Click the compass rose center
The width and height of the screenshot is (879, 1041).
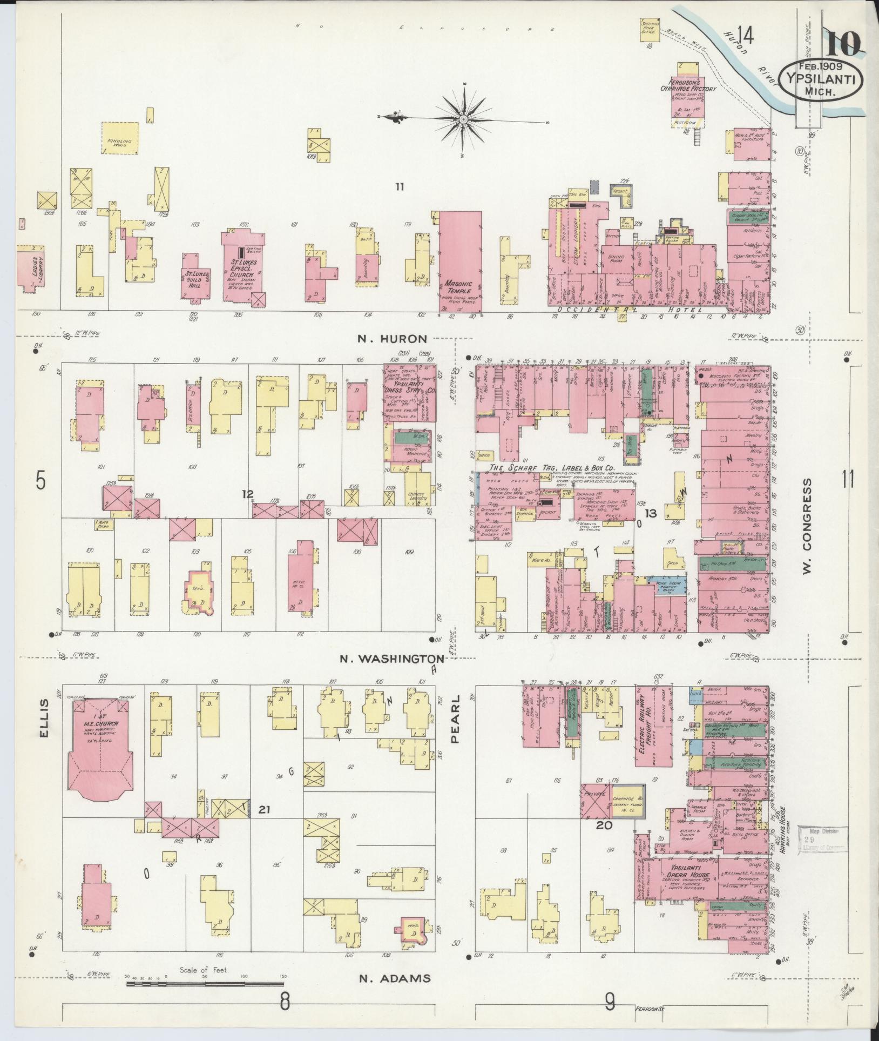464,119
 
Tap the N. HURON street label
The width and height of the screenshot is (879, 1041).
391,339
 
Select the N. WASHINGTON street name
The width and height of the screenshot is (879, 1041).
391,659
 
